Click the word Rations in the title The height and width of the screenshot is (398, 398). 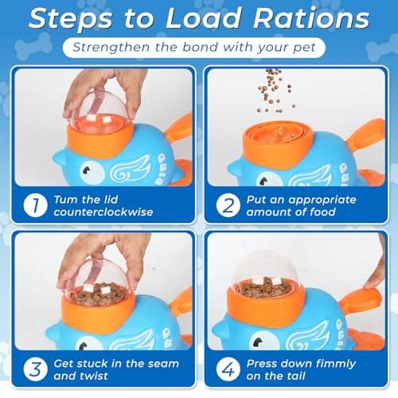(311, 18)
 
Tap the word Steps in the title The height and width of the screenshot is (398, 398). (70, 19)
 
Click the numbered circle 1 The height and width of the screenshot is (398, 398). (36, 205)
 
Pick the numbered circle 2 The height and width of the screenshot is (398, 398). (228, 205)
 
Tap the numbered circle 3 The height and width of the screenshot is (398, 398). (36, 369)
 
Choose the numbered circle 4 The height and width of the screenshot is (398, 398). (228, 369)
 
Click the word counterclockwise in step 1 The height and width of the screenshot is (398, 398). (103, 212)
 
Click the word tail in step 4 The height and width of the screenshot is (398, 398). (295, 376)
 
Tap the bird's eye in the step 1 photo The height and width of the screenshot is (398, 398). (92, 173)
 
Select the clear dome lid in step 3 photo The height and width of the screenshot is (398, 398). (98, 280)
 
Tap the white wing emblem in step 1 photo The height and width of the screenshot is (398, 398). (130, 170)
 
